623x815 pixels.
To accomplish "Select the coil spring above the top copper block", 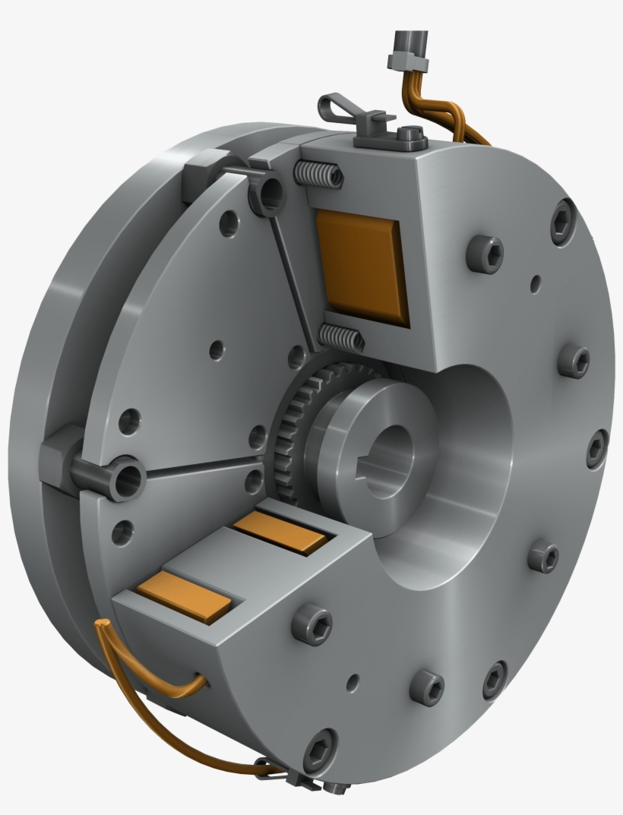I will (318, 175).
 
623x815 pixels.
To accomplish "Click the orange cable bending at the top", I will (425, 99).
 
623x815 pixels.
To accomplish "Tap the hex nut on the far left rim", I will (61, 451).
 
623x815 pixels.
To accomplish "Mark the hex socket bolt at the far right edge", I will (598, 448).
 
